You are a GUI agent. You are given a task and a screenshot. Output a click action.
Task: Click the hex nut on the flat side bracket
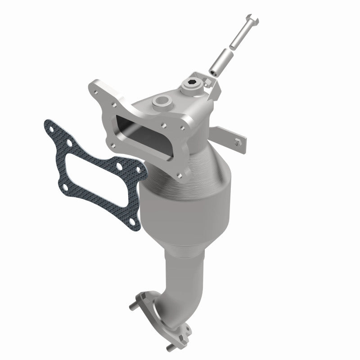(x=237, y=143)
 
